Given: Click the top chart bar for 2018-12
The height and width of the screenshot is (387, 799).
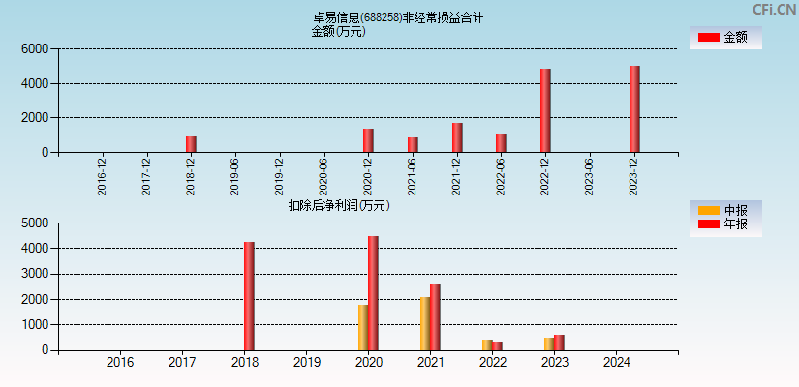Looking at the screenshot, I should (191, 144).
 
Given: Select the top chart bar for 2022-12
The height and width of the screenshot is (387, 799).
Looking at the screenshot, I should (545, 110).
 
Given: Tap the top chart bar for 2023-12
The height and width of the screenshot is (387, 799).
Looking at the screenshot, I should (634, 108).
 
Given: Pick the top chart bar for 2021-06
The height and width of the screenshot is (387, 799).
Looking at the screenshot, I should (413, 145).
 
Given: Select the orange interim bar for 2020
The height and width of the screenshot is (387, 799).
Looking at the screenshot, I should (363, 328).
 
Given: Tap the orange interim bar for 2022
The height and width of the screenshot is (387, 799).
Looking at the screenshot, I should (487, 345).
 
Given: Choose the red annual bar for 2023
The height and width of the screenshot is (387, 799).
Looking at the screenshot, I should (559, 342).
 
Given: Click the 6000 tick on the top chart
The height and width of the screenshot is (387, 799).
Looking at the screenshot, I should (34, 49).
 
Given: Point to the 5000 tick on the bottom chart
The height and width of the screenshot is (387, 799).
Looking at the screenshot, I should (34, 223).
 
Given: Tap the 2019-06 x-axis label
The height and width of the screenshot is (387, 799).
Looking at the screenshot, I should (235, 176).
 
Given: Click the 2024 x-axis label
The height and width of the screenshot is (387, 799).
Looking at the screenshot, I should (616, 363).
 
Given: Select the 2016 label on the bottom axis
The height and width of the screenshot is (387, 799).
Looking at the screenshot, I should (120, 363).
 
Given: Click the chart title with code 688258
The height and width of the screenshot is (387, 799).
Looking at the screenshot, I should (398, 17).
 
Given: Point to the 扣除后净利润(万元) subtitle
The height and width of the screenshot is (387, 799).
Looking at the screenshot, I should (338, 205).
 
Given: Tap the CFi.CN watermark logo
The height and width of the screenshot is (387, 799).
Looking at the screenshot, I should (773, 10).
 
